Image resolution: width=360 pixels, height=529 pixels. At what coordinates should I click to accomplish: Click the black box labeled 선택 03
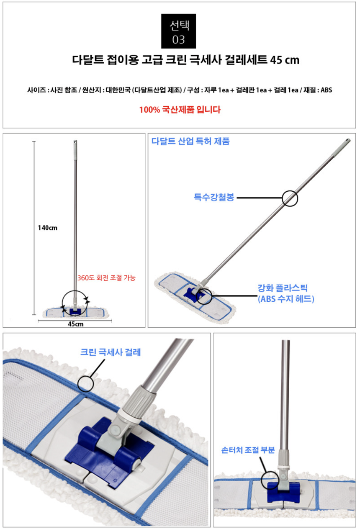[x=178, y=31]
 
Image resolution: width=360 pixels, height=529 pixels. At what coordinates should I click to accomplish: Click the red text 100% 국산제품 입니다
[x=180, y=110]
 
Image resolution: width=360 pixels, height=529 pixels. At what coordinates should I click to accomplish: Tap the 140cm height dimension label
[x=47, y=228]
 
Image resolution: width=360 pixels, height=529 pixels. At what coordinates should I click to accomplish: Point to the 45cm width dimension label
[x=76, y=324]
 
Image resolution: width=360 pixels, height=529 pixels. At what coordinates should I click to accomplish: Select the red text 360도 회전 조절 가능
[x=106, y=277]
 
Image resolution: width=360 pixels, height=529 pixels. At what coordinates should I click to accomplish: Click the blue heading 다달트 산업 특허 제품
[x=190, y=141]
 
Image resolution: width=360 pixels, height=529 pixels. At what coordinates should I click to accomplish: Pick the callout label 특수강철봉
[x=214, y=197]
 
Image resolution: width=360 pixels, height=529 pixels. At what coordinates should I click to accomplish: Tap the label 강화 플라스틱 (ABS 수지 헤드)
[x=286, y=293]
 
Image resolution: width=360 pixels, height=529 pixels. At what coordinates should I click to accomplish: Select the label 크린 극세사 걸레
[x=111, y=352]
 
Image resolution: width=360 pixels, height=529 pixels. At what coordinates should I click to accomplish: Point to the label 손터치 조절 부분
[x=248, y=450]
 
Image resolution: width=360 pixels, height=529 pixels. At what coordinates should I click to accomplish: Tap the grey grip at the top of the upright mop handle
[x=75, y=150]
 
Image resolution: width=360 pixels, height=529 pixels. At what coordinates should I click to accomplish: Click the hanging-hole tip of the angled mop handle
[x=348, y=141]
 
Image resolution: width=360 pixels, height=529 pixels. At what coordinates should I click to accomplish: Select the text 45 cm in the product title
[x=285, y=60]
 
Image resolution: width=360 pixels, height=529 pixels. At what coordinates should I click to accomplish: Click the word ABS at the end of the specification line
[x=326, y=90]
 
